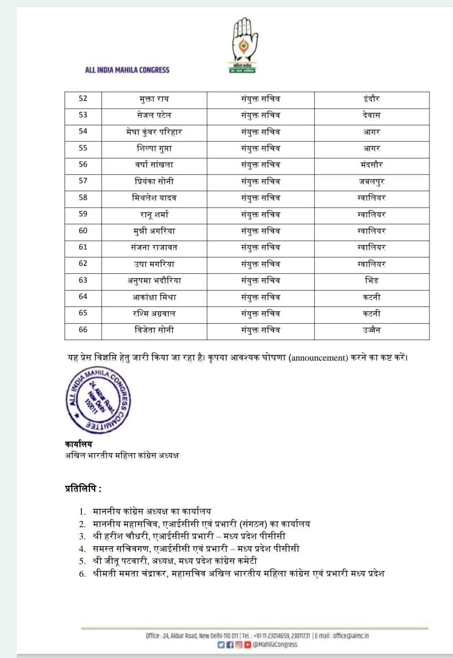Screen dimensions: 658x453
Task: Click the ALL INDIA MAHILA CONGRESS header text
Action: (127, 70)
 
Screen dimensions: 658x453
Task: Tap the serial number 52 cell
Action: (83, 99)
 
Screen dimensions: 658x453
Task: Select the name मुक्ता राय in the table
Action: (154, 99)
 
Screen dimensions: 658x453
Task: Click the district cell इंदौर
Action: (372, 99)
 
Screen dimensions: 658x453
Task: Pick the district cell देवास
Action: (372, 115)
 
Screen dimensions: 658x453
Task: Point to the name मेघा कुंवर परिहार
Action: (154, 132)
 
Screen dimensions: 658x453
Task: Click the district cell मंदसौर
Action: (372, 165)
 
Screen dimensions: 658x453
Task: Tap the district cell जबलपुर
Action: (372, 182)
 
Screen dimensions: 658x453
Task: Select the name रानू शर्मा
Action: (154, 215)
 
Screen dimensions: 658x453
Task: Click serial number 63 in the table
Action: (83, 280)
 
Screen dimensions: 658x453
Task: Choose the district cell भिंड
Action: (372, 280)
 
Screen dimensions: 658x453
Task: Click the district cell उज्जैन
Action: (372, 330)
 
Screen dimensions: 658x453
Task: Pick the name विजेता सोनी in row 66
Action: (154, 330)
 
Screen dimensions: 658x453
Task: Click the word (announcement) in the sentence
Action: (318, 358)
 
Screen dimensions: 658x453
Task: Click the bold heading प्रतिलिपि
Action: (83, 489)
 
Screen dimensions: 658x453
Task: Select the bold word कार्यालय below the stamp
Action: (78, 444)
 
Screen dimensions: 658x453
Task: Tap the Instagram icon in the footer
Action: (239, 645)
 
